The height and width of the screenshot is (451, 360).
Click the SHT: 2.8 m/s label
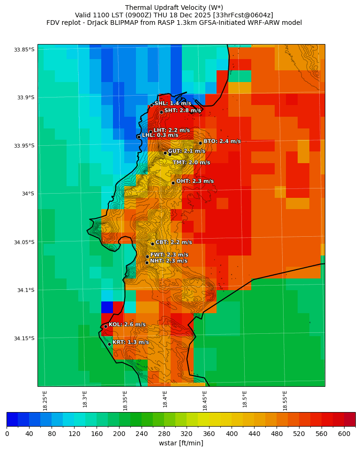[182, 111]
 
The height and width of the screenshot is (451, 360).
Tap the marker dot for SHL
[151, 105]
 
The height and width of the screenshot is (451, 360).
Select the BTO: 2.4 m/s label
[222, 141]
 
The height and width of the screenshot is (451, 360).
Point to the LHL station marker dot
[139, 137]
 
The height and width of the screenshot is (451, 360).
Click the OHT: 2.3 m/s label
[195, 181]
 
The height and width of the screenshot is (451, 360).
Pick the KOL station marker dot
[105, 326]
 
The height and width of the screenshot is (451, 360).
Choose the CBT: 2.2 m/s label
[173, 242]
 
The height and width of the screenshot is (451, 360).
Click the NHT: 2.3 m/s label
[168, 261]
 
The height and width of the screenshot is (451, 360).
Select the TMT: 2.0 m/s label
[191, 162]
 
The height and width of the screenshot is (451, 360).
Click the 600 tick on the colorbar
[344, 434]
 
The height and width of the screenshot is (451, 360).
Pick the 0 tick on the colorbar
[7, 434]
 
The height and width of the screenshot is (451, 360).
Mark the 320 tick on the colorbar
[187, 434]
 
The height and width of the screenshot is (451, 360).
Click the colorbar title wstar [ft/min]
[181, 443]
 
